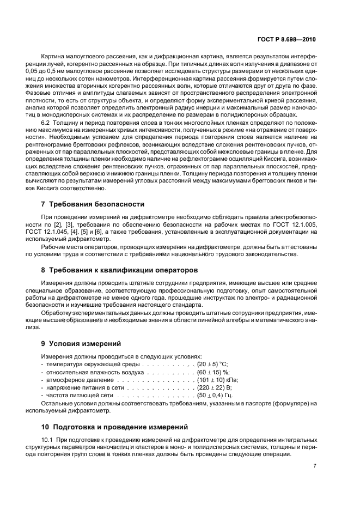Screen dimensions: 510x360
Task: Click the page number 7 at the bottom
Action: pos(315,466)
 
